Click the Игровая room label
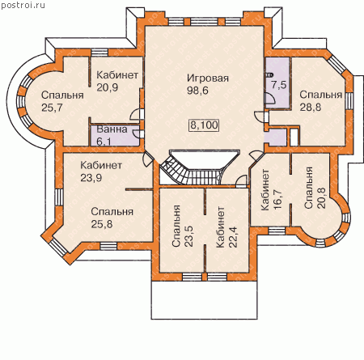(208, 78)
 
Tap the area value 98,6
(197, 91)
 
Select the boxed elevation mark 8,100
(204, 125)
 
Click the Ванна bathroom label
(112, 129)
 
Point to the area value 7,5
(279, 85)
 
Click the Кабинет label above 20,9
(117, 75)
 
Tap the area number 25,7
(52, 108)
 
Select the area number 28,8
(311, 108)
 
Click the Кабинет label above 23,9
(101, 165)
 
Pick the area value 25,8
(102, 224)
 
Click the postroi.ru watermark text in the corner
(23, 6)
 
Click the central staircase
(200, 167)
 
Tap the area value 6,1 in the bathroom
(104, 141)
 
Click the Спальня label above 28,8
(321, 95)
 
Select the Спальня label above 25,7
(62, 95)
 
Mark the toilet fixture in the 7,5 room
(269, 75)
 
